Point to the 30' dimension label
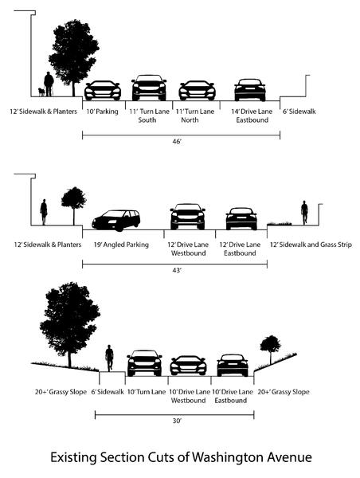pos(174,425)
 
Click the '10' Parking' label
pos(102,112)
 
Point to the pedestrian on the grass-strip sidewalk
pos(303,214)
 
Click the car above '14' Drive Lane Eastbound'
pos(250,89)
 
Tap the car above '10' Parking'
pos(102,89)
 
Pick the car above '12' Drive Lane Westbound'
pos(187,216)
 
